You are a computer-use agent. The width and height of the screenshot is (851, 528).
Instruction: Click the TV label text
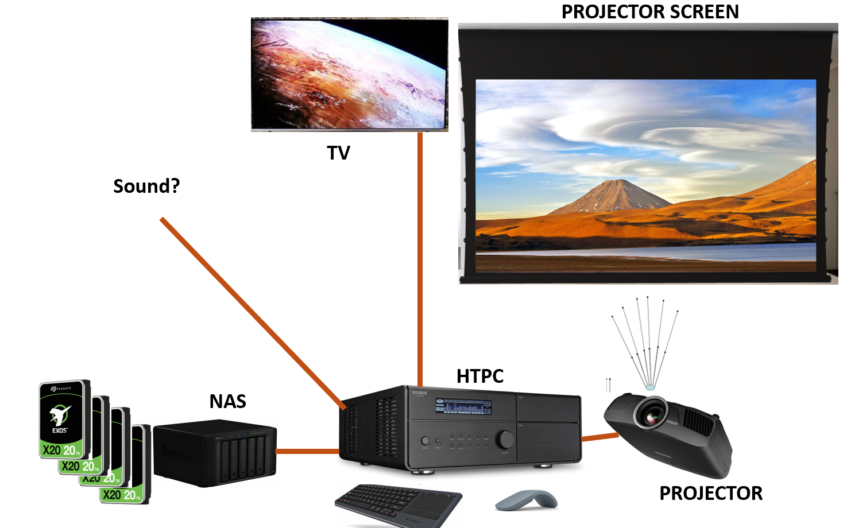pos(338,153)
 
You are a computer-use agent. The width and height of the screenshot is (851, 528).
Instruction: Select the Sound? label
pos(146,187)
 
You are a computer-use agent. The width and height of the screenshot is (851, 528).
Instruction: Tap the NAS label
pos(227,401)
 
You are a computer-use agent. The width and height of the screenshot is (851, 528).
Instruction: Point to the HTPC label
pos(479,376)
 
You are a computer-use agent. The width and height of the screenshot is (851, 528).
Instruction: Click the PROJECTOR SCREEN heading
pos(649,12)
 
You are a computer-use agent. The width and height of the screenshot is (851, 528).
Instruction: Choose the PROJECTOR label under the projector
pos(710,494)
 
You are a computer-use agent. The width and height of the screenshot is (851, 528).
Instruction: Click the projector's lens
pos(651,416)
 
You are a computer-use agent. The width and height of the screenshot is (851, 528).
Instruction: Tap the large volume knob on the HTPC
pos(506,439)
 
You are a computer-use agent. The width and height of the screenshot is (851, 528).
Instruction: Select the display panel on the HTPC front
pos(463,406)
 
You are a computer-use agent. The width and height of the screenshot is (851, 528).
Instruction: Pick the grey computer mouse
pos(527,500)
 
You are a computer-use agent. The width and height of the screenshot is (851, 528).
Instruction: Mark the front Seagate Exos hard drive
pos(64,419)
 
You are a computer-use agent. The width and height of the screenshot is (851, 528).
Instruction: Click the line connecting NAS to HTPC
pos(308,451)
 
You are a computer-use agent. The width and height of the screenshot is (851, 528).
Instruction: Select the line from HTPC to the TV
pos(420,258)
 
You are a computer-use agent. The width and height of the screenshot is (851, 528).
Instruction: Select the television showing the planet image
pos(349,74)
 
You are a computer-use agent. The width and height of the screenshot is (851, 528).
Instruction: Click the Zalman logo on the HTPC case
pos(419,393)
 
